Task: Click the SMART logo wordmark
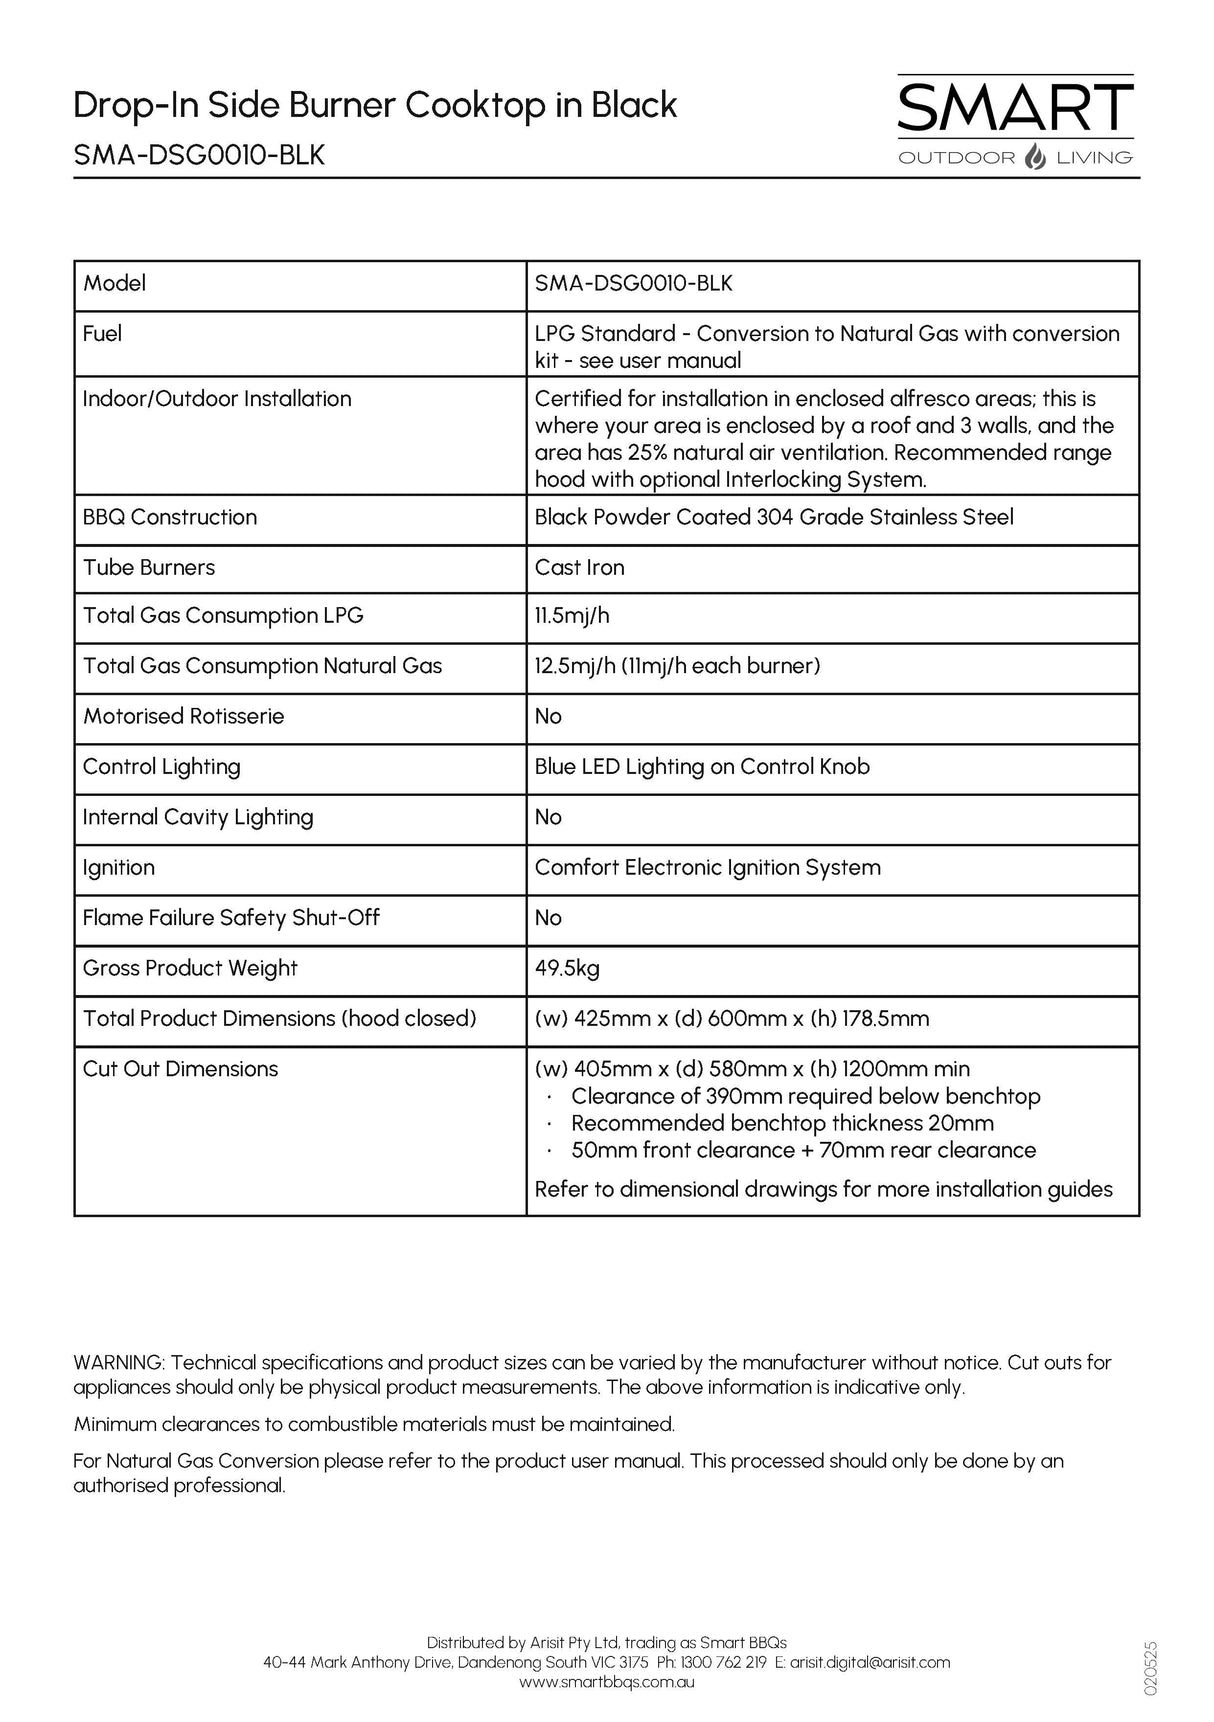[x=1015, y=108]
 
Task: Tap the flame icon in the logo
[x=1036, y=157]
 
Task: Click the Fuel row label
[x=103, y=334]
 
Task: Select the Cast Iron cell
[x=580, y=568]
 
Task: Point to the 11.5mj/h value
[x=572, y=616]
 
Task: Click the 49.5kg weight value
[x=567, y=968]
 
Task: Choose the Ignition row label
[x=119, y=868]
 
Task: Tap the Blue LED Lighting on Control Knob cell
[x=702, y=767]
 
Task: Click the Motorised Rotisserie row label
[x=183, y=717]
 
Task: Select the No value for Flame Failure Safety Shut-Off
[x=548, y=918]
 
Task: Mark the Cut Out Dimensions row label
[x=180, y=1069]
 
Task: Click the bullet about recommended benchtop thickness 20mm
[x=782, y=1124]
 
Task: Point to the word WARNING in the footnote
[x=120, y=1363]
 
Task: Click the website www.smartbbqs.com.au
[x=607, y=1682]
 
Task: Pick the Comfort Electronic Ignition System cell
[x=708, y=868]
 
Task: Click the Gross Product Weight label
[x=190, y=968]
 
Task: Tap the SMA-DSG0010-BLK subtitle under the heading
[x=199, y=156]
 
